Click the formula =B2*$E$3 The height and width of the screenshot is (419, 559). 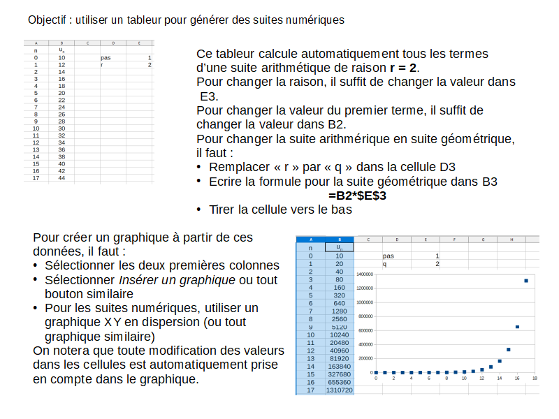click(357, 196)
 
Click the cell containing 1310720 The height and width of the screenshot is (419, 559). click(340, 390)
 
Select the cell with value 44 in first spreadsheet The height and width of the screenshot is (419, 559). click(61, 178)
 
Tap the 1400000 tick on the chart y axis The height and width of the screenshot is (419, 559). click(364, 274)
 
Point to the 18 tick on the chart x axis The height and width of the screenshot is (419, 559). click(535, 378)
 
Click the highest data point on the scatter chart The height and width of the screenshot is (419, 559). click(526, 281)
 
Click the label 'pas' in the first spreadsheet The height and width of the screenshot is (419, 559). click(106, 58)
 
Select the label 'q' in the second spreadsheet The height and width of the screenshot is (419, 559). click(384, 263)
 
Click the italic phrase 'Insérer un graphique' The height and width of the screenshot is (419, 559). click(177, 280)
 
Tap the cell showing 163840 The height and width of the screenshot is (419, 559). click(340, 366)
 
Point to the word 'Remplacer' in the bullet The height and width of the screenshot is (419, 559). click(238, 168)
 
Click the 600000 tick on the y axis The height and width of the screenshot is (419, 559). click(365, 330)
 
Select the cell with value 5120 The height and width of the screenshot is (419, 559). click(340, 326)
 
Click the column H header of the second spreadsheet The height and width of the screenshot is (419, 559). click(511, 240)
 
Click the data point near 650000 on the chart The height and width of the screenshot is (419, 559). click(517, 327)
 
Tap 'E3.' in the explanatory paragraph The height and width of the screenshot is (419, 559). click(209, 96)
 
